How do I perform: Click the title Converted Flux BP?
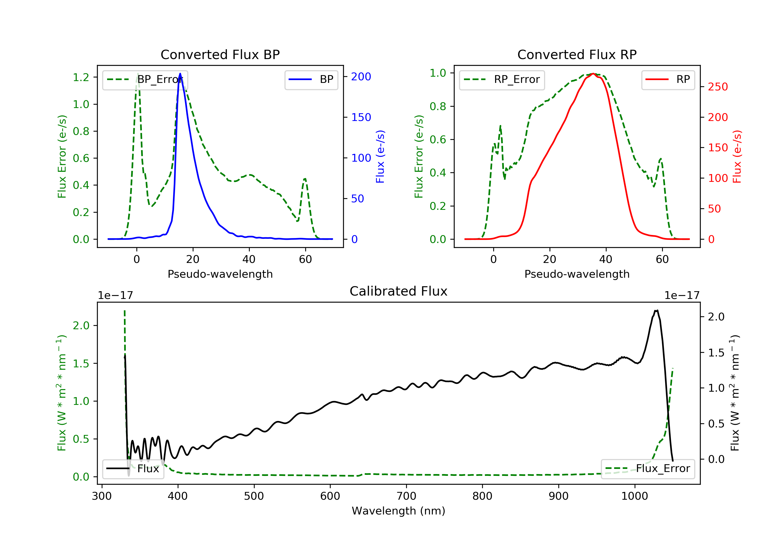(220, 54)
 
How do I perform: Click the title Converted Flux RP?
(577, 54)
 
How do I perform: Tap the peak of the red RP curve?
(593, 74)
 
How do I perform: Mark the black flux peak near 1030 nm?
(656, 310)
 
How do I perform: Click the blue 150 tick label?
(361, 117)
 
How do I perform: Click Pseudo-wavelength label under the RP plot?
(577, 274)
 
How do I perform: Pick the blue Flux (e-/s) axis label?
(380, 157)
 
